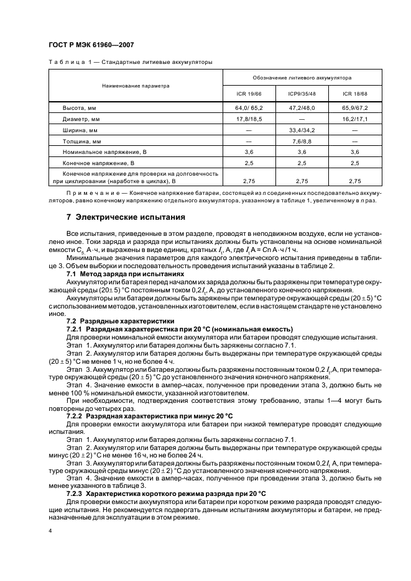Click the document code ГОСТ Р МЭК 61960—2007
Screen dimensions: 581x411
91,45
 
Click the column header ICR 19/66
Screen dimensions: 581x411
249,94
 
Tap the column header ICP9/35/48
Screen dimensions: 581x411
302,94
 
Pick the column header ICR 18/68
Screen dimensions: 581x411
355,94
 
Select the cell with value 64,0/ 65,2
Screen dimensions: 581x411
249,108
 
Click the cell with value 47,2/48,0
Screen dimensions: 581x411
302,108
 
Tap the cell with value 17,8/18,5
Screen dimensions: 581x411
249,119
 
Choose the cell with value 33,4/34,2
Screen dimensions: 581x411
302,130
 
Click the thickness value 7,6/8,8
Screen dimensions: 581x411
302,142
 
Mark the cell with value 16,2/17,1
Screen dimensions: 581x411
355,119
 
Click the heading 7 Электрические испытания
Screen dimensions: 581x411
125,218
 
